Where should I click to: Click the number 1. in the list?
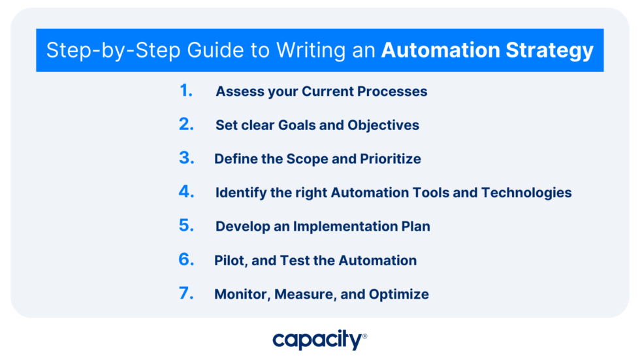coord(186,91)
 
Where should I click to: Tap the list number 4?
coord(186,192)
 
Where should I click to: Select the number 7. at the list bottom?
coord(186,293)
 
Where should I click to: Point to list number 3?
coord(186,158)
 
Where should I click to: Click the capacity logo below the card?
coord(319,340)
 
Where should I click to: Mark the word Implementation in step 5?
coord(350,227)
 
